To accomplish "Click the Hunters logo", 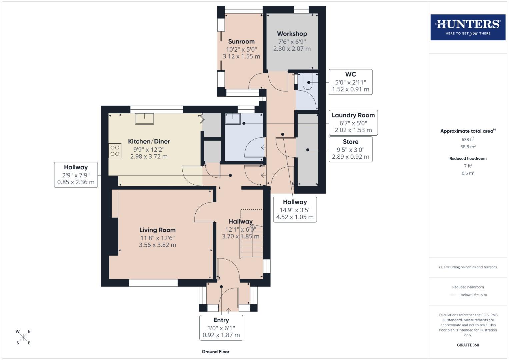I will [468, 27].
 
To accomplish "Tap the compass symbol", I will [23, 337].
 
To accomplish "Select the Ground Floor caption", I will [215, 351].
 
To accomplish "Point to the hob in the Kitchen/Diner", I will [115, 151].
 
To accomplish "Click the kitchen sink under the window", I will [144, 119].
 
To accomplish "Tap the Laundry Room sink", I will [233, 119].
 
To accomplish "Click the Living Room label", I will [157, 230].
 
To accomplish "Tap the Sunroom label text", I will [241, 42].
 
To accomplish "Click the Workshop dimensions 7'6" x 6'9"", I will [292, 42].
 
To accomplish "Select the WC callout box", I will [350, 82].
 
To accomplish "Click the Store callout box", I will [350, 149].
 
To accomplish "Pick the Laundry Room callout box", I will [353, 123].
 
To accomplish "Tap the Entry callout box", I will [221, 327].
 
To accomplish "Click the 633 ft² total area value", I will [468, 140].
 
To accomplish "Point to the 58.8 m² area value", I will [468, 147].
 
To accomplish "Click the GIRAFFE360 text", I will [468, 345].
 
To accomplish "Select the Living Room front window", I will [153, 283].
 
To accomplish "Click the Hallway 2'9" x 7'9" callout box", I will [76, 175].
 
